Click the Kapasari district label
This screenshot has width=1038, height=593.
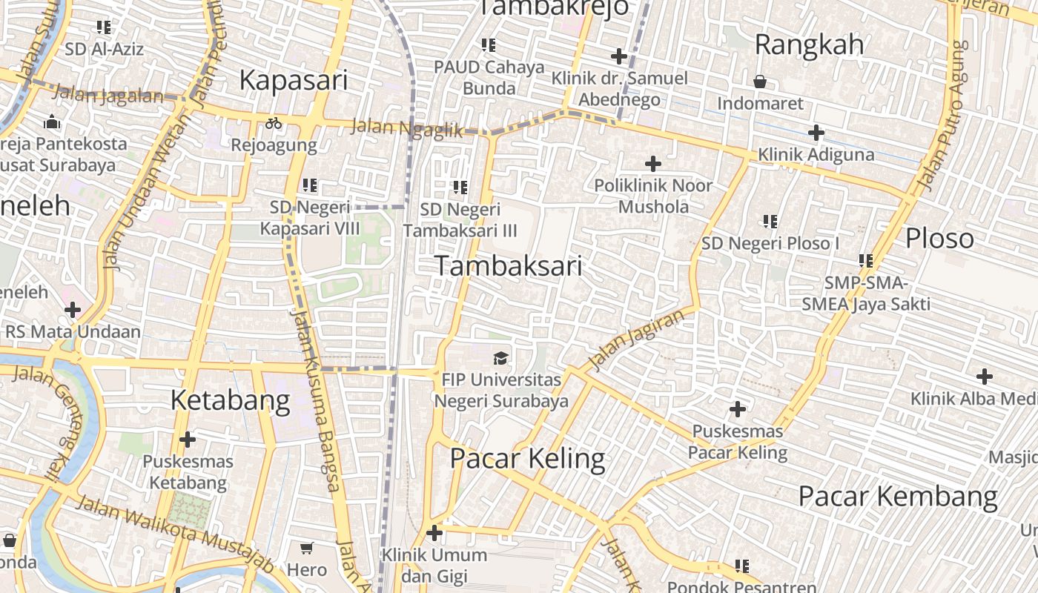coord(294,80)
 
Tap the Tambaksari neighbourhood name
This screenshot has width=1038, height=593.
coord(509,265)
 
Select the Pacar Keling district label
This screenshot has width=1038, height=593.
coord(527,459)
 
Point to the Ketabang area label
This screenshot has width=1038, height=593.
coord(230,400)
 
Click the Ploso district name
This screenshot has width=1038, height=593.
coord(939,238)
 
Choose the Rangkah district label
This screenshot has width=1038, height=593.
coord(809,44)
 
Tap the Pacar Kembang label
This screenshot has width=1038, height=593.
coord(898,496)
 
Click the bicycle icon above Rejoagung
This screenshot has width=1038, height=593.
coord(274,123)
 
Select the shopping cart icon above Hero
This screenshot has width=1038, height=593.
coord(307,549)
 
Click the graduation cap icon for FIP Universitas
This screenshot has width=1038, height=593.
coord(501,359)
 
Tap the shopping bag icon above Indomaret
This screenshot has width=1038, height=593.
coord(760,82)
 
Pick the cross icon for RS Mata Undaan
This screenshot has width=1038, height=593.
coord(73,310)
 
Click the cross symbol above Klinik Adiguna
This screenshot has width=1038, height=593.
coord(816,133)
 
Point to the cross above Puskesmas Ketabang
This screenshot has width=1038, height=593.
coord(188,440)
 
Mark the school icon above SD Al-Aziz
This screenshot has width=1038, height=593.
coord(104,28)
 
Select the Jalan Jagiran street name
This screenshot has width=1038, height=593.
coord(635,340)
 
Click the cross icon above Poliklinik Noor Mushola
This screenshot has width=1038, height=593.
coord(653,164)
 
